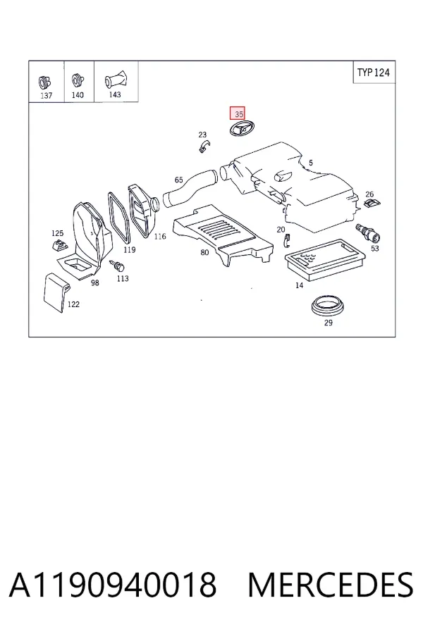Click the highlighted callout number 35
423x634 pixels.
(x=237, y=113)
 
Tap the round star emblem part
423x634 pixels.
(x=239, y=130)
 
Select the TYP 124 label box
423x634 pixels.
(x=374, y=73)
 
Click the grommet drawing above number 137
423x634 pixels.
(x=44, y=82)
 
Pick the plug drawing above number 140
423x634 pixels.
(x=78, y=80)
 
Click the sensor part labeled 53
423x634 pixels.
(x=367, y=234)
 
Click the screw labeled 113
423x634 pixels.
(x=118, y=266)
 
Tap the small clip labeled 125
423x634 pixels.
(x=60, y=245)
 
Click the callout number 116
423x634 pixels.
(x=160, y=237)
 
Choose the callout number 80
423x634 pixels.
(x=205, y=252)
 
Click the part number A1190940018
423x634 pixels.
(x=113, y=585)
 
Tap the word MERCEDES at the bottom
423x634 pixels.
(x=331, y=585)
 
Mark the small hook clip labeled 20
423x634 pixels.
(x=287, y=241)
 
